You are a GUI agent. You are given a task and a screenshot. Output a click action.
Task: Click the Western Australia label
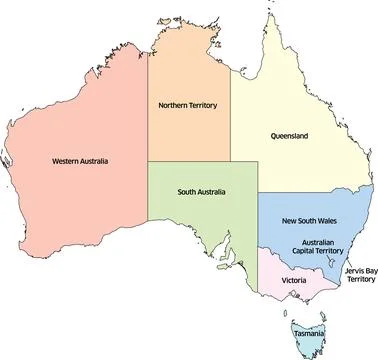tap(79, 160)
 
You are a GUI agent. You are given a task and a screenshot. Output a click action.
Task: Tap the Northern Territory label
tap(188, 105)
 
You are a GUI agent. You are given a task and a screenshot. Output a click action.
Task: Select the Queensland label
tap(289, 135)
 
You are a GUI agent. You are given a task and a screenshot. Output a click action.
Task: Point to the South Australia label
tap(202, 191)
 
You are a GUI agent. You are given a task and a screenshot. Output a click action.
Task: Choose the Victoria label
tap(294, 281)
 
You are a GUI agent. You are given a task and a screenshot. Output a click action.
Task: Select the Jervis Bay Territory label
tap(354, 274)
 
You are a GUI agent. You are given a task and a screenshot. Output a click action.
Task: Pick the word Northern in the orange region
tap(175, 105)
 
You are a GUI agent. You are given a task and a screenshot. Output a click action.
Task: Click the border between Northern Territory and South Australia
tap(190, 162)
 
